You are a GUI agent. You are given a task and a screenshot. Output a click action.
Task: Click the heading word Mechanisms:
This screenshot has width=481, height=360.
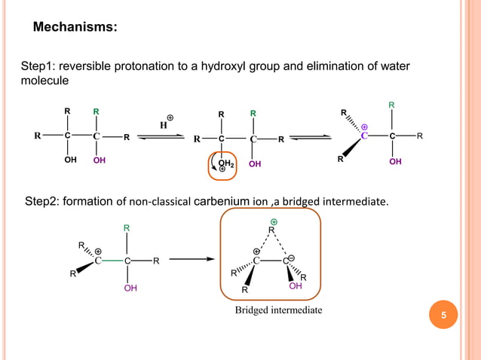tap(75, 28)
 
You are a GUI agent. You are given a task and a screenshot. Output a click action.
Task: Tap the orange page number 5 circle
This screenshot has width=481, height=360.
tap(444, 315)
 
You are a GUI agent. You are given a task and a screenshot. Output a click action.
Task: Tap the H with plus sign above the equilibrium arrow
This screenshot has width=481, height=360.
tap(164, 123)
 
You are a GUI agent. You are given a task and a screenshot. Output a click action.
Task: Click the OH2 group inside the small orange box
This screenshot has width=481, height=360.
tap(225, 163)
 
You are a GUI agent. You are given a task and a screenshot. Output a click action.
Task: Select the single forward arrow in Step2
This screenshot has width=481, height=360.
tap(193, 261)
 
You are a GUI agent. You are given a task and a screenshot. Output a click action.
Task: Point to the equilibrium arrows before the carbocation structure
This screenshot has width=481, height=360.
tap(311, 137)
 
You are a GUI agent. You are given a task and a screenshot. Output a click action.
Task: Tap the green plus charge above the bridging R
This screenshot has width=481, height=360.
tap(274, 222)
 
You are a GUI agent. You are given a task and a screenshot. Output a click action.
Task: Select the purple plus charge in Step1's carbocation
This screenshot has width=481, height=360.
tap(364, 127)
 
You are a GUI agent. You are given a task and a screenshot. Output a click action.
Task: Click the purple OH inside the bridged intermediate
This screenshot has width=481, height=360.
tap(295, 286)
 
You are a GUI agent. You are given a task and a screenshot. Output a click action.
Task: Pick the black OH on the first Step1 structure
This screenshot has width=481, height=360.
tap(70, 160)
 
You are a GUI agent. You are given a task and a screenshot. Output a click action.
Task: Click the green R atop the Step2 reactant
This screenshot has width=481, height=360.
tap(127, 227)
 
